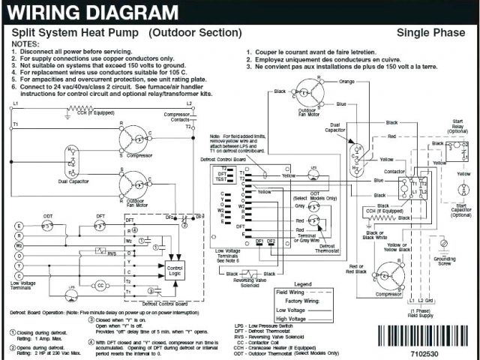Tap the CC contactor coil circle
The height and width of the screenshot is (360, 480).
[x=100, y=285]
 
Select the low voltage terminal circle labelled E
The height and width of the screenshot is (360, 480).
[x=19, y=224]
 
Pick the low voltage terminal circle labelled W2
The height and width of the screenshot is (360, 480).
[x=19, y=244]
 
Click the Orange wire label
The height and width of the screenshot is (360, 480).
[x=346, y=80]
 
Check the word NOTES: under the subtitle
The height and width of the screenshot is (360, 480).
[x=27, y=43]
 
